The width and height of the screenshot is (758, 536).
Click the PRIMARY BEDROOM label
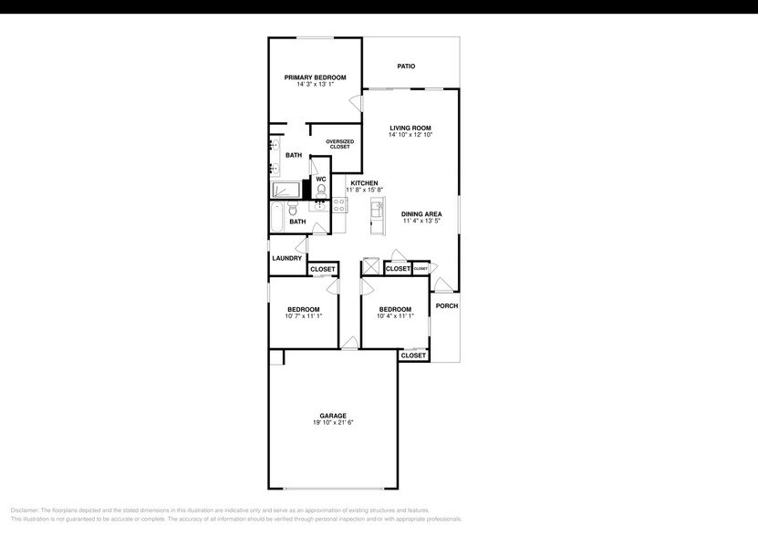(315, 77)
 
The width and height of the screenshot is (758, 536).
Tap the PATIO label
(406, 66)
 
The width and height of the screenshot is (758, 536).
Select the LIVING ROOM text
(410, 128)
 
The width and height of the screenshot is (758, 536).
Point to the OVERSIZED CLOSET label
(339, 144)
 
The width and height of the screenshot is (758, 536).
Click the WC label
(321, 179)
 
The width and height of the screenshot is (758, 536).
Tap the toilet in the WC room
(321, 191)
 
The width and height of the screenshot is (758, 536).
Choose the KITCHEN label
(364, 183)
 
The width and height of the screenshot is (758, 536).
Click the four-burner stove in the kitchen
(338, 205)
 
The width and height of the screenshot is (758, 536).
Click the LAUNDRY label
(286, 258)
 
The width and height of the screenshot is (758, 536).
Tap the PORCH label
(446, 305)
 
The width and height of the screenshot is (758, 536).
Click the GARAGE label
(332, 416)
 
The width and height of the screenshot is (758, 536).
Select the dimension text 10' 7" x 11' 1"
(303, 316)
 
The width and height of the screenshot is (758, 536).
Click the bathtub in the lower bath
(277, 219)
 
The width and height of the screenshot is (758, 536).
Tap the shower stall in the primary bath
(286, 189)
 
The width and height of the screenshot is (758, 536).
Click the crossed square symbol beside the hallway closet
(371, 267)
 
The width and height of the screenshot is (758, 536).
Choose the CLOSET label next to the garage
(413, 356)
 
